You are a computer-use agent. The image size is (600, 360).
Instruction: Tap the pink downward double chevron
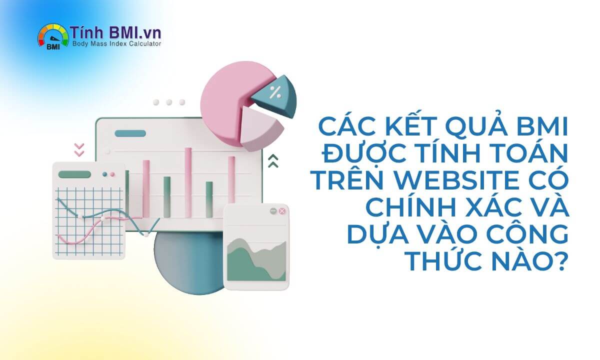click(79, 149)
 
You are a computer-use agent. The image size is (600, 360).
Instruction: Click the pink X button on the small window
click(282, 211)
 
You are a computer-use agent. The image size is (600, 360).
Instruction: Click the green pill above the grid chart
click(74, 174)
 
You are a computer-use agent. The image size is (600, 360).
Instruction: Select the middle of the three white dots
click(169, 102)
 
